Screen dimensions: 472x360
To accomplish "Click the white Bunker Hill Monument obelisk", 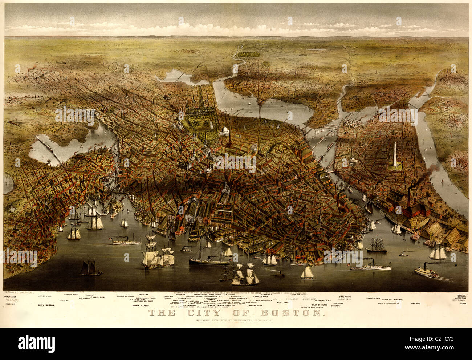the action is click(395, 154).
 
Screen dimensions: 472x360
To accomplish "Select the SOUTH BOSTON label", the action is click(46, 306).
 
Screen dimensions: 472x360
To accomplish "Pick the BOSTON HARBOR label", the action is click(141, 306).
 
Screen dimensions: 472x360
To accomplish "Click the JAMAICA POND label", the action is click(72, 294).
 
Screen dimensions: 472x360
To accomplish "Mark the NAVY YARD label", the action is click(417, 303).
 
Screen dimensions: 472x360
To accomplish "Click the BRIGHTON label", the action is click(180, 295).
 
